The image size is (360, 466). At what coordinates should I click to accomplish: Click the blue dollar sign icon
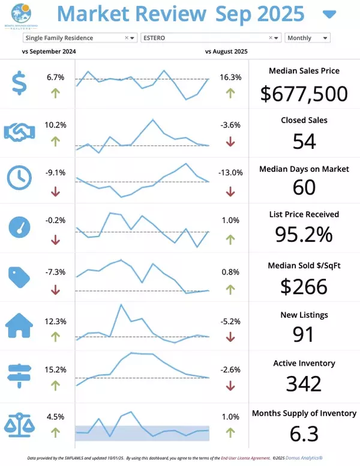(19, 83)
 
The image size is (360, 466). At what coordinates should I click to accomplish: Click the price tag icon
(19, 276)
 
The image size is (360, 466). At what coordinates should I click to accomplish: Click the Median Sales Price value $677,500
(304, 94)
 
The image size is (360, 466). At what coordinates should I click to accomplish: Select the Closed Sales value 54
(304, 141)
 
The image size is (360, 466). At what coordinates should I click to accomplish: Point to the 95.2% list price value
(304, 234)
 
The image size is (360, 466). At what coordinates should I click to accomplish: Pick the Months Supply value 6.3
(304, 433)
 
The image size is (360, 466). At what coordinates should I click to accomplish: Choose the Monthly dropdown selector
(307, 38)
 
